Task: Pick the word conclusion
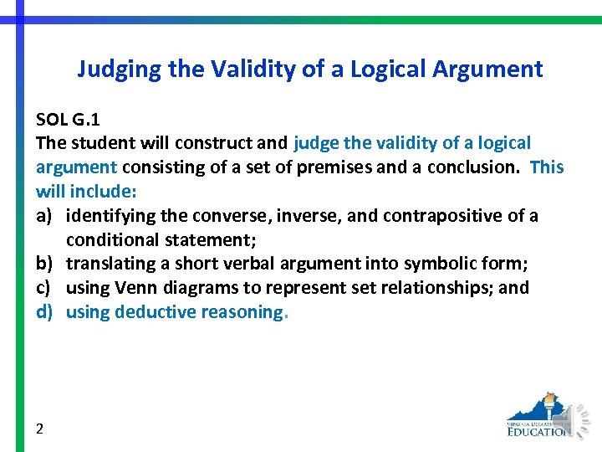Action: click(x=472, y=167)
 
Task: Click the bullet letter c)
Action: click(x=45, y=288)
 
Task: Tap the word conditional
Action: click(x=113, y=240)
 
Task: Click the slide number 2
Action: click(x=40, y=429)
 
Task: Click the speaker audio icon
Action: click(x=579, y=418)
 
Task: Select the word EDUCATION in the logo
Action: click(x=539, y=431)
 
